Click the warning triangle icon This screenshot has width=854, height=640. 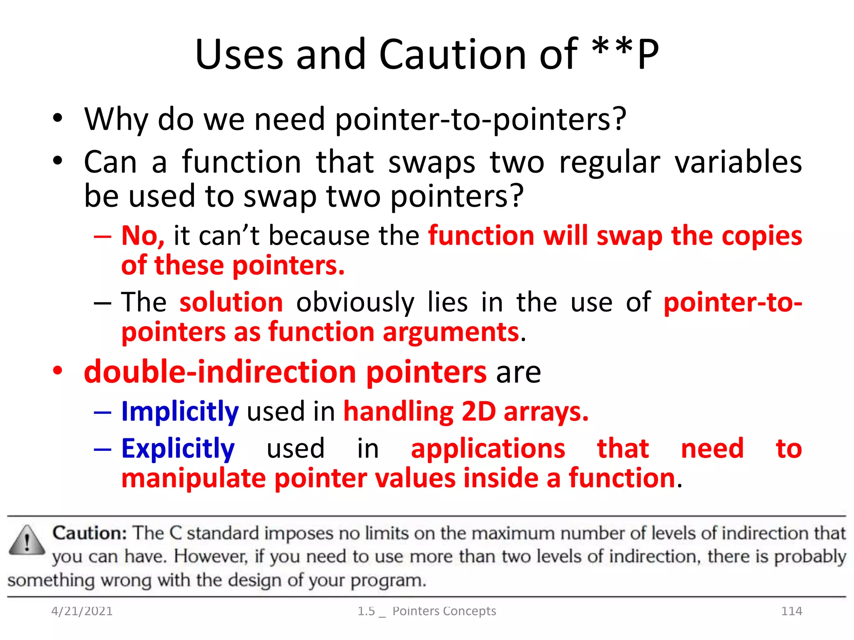[27, 541]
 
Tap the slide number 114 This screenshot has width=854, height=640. [791, 611]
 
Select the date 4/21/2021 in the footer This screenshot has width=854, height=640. [82, 611]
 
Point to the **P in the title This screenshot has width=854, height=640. [625, 54]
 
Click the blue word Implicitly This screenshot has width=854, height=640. [180, 412]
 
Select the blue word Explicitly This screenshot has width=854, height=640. [178, 449]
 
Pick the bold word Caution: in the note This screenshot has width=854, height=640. [90, 533]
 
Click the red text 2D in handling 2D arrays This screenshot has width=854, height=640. [478, 412]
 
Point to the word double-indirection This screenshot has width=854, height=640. [219, 372]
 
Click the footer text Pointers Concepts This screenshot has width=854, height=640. [444, 611]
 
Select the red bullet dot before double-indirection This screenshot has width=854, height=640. [58, 370]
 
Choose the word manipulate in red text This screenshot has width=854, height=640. [193, 478]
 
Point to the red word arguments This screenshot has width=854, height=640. [451, 332]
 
